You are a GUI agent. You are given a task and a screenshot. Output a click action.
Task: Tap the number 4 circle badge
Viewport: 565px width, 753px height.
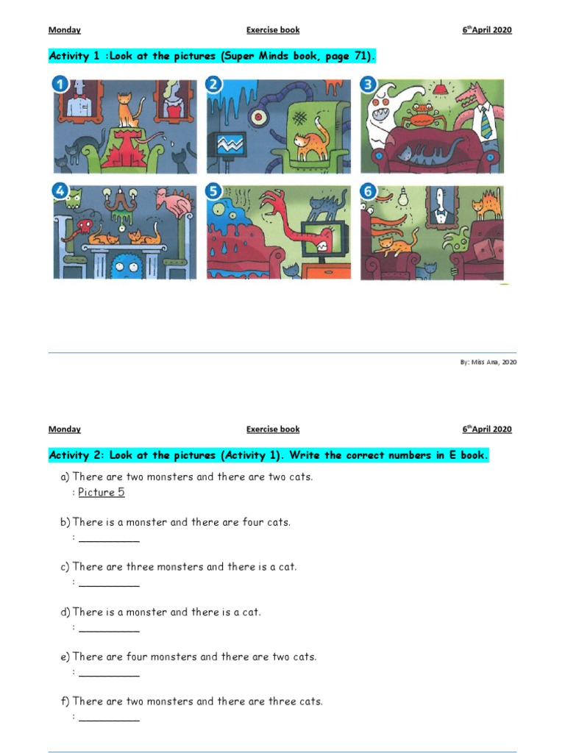[60, 193]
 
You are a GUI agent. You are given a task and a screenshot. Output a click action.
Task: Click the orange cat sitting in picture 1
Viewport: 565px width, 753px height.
[128, 110]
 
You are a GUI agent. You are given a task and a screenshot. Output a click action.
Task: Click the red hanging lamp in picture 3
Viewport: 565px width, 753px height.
[441, 90]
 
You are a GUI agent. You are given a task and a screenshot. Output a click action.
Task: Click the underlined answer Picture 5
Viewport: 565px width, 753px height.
[102, 493]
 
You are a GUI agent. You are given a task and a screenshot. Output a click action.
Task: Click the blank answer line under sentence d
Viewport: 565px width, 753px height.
[109, 630]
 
